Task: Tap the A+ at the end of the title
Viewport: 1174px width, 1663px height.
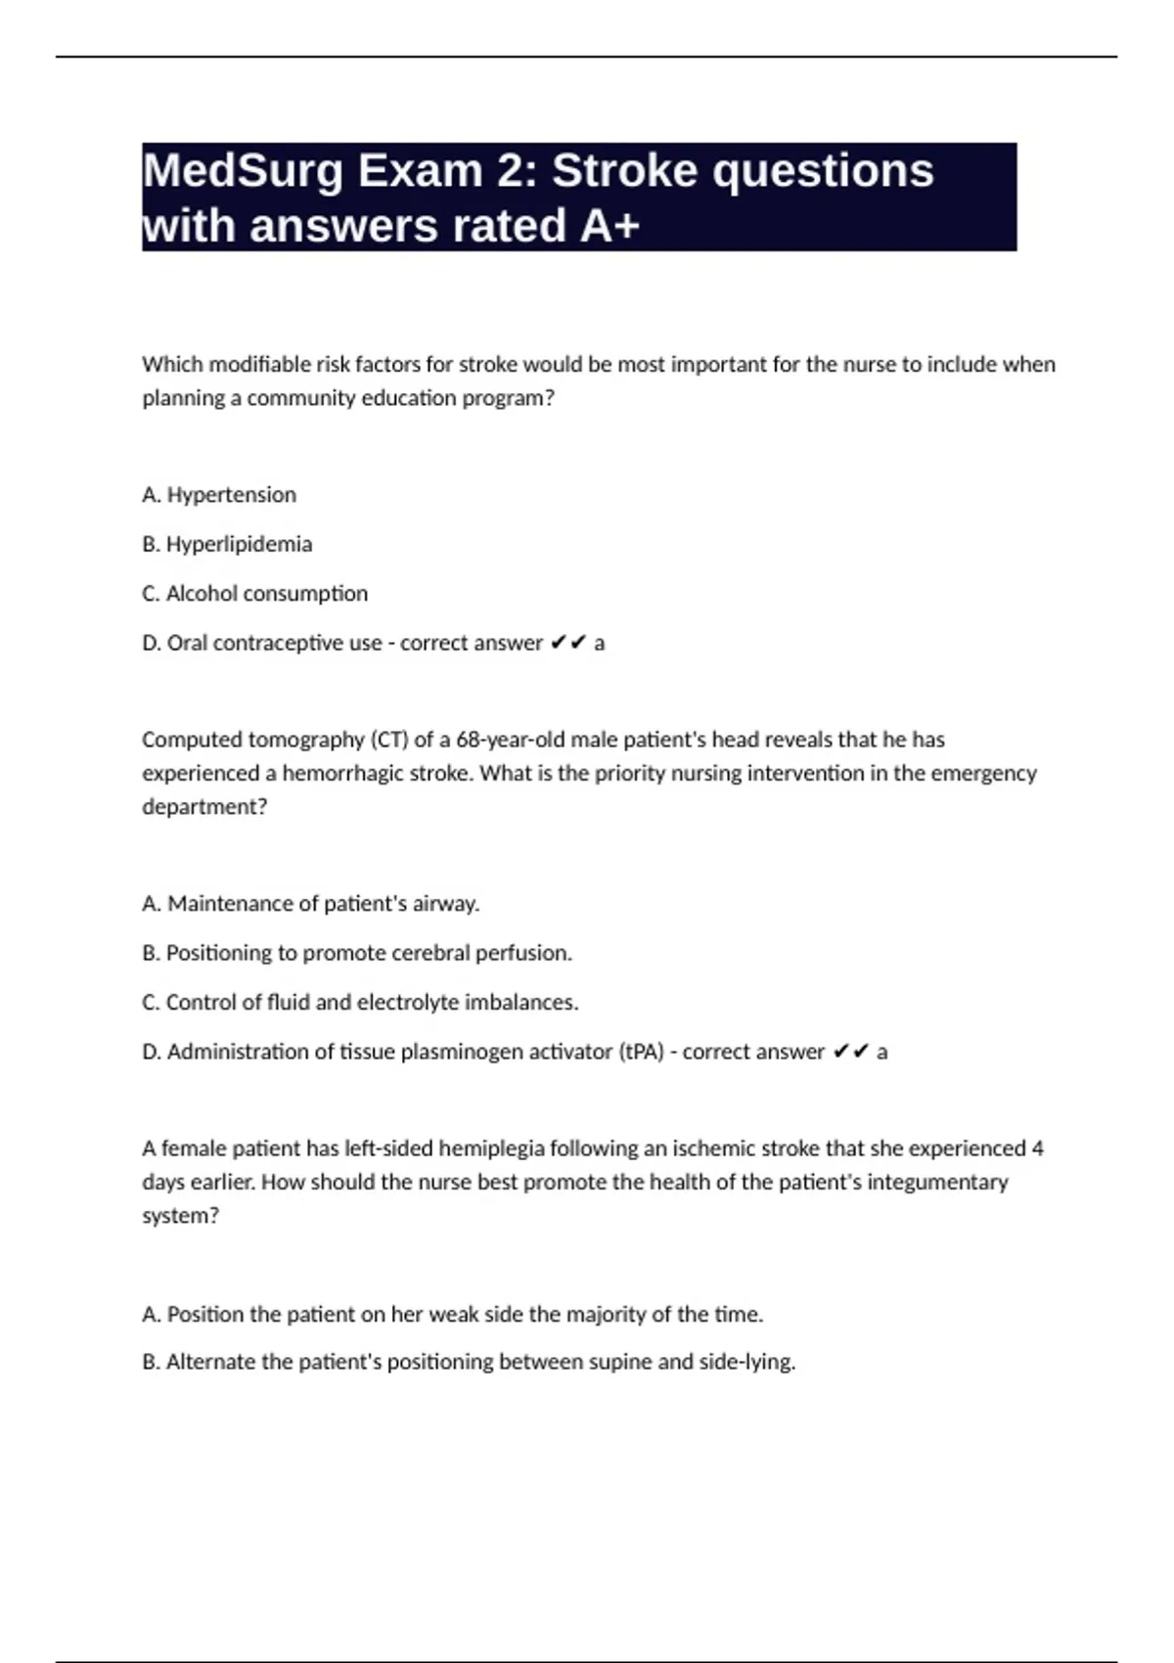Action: point(610,227)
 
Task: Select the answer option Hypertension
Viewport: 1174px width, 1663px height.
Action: point(231,495)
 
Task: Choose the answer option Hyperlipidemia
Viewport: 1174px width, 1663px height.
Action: point(239,544)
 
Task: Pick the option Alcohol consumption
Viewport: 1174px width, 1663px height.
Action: point(266,594)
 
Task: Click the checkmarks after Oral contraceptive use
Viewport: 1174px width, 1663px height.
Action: point(568,643)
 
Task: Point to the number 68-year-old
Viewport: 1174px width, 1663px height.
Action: point(510,740)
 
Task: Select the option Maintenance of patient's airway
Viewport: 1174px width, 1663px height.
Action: point(323,904)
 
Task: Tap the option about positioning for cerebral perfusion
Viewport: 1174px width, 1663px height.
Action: point(369,953)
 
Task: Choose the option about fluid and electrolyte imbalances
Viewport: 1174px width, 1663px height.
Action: point(372,1003)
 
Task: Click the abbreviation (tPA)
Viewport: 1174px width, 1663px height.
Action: point(641,1052)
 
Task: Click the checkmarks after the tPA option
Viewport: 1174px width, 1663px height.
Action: point(851,1052)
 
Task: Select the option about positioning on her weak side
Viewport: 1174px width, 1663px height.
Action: point(465,1314)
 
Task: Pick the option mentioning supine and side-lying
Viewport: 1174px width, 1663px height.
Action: point(480,1362)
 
